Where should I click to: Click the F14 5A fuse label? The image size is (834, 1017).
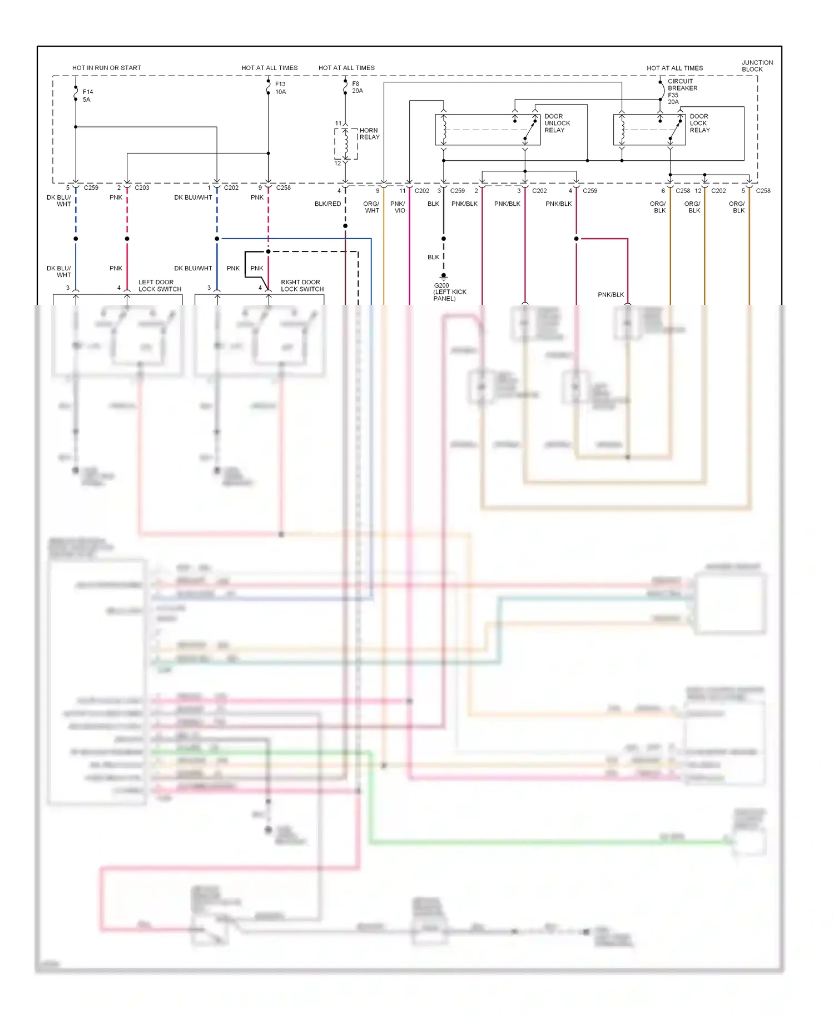click(87, 96)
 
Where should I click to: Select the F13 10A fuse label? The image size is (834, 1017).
click(280, 88)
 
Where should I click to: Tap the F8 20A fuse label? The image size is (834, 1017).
click(357, 87)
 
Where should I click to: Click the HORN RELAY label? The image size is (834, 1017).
click(369, 134)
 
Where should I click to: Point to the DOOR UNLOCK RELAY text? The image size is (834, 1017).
click(557, 123)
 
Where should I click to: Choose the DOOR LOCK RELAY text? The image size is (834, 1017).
click(699, 123)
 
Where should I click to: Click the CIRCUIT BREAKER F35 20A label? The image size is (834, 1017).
click(682, 91)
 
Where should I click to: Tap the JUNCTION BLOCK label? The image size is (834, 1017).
click(757, 66)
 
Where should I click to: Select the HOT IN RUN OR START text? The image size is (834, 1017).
click(106, 68)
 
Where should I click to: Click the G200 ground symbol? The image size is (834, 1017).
click(443, 275)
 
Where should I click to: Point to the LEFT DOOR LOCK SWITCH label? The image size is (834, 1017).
click(160, 285)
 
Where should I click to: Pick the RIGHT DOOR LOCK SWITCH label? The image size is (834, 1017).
click(302, 285)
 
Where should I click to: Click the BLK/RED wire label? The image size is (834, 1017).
click(327, 204)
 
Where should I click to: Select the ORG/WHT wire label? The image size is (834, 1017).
click(371, 207)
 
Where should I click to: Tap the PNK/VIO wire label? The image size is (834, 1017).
click(398, 207)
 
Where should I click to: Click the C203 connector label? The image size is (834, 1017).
click(142, 187)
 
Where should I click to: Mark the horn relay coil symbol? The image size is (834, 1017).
click(346, 144)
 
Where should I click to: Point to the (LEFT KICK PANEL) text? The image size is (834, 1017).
click(449, 295)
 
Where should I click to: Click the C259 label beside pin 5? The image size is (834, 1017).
click(91, 187)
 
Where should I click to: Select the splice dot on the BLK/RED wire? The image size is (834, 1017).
click(345, 226)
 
